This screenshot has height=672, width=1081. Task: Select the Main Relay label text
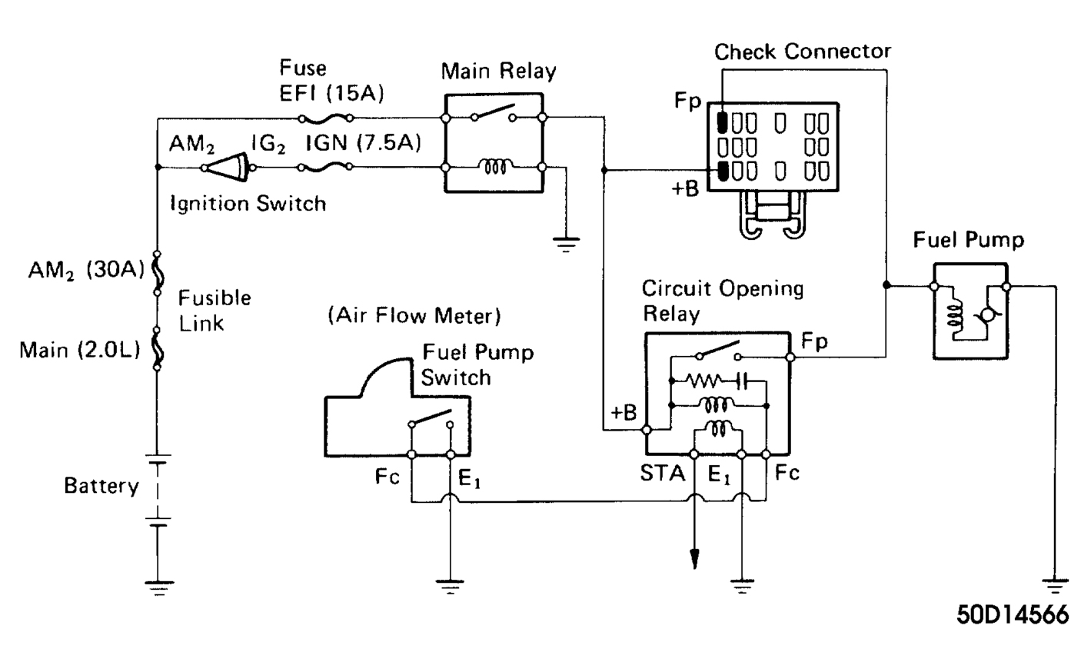(498, 72)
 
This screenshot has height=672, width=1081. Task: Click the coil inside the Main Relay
(494, 166)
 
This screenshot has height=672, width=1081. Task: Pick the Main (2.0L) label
(80, 351)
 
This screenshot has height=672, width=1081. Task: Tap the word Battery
(101, 486)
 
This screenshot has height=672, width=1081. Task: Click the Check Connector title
(802, 52)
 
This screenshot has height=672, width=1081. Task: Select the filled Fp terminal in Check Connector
(722, 122)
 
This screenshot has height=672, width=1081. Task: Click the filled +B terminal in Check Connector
(722, 171)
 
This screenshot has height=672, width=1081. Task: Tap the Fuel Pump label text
(968, 240)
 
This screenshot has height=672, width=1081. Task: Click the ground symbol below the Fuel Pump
(1055, 586)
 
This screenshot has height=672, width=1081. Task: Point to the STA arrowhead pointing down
(694, 559)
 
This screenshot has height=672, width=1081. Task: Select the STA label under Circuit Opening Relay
(662, 473)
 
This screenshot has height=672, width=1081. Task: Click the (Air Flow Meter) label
(414, 315)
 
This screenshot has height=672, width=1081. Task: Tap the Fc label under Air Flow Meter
(387, 477)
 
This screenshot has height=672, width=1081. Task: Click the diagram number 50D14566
(1012, 615)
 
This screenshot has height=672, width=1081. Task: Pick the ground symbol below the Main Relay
(566, 245)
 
